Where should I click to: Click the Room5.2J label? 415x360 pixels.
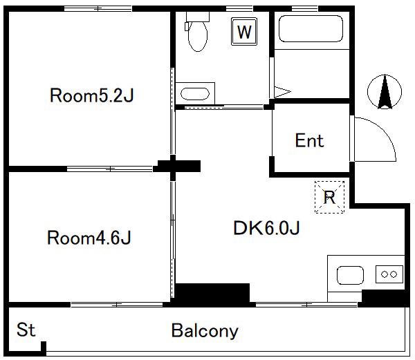92,95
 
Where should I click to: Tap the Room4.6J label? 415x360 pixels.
89,238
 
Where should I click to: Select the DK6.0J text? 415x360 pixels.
266,228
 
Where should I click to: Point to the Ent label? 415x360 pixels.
309,140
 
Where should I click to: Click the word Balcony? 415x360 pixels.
205,331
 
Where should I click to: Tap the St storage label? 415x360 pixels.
26,330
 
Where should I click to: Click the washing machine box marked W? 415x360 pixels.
244,32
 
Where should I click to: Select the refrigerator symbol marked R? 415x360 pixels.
329,197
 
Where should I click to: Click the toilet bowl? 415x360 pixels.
197,36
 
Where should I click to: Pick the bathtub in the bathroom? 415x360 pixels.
311,28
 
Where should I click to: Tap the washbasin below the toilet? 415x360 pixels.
195,93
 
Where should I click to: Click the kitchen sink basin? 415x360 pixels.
350,275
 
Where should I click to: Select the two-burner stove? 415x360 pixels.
389,274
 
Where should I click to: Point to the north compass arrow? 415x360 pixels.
385,92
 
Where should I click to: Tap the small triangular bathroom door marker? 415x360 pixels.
283,92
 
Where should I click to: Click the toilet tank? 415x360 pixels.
198,17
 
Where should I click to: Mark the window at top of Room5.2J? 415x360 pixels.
98,9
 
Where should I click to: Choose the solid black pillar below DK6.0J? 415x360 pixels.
212,294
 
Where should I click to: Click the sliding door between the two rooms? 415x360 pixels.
109,169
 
